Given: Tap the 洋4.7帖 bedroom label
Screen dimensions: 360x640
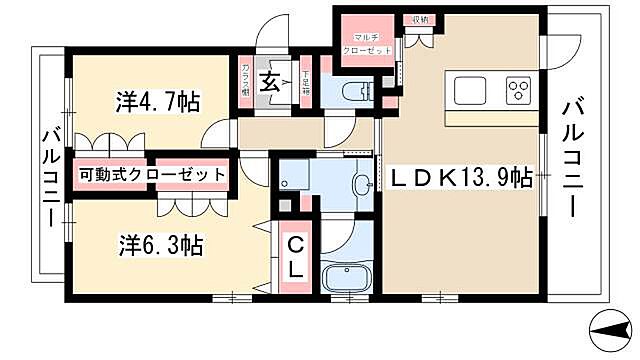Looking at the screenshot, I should coord(157,100).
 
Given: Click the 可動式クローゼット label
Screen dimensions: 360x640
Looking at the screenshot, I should coord(153,173).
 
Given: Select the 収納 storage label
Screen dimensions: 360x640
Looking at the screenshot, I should coord(419,19).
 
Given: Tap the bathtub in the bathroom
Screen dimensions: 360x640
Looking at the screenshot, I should coord(348,276).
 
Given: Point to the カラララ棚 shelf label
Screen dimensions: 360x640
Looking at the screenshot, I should coord(246,78).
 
